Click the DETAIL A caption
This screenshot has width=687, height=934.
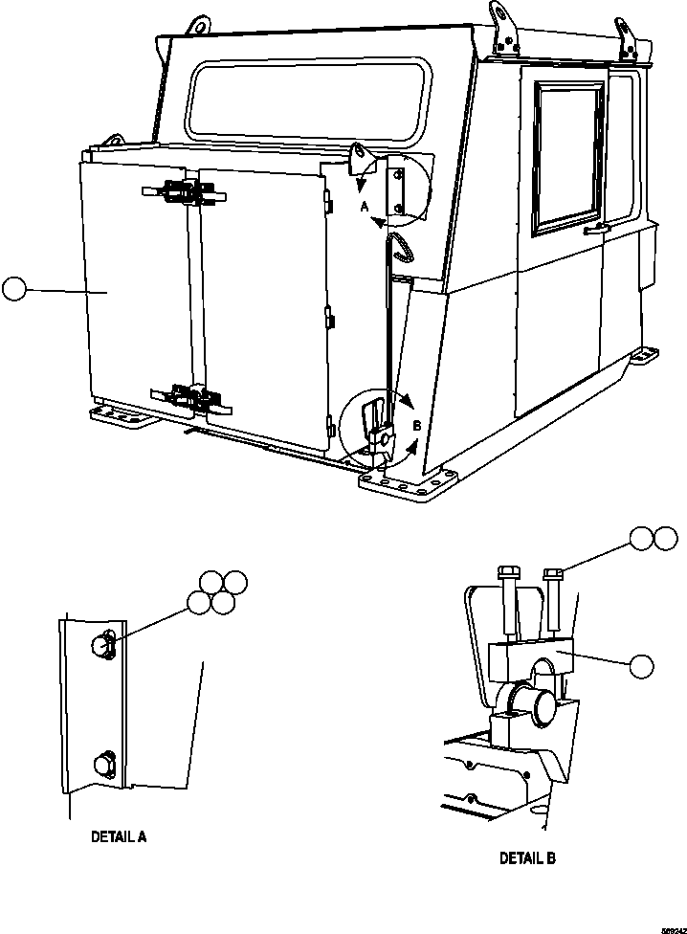(x=119, y=835)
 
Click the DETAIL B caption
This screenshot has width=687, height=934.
(x=527, y=858)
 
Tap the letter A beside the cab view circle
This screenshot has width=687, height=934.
(x=365, y=206)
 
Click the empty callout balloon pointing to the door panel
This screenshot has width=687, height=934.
(x=14, y=288)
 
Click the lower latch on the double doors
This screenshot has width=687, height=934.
(x=188, y=395)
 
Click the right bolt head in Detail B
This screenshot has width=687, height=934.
(x=553, y=573)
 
